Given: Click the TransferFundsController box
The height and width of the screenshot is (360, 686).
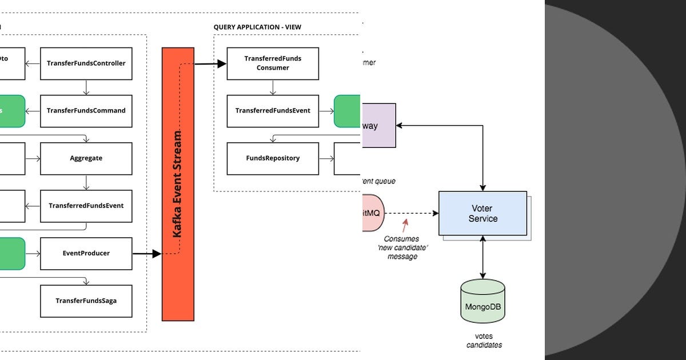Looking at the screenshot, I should pos(86,63).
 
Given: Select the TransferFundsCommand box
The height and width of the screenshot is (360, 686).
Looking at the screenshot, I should pos(86,111).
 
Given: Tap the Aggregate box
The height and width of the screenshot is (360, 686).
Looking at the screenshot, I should pos(86,158).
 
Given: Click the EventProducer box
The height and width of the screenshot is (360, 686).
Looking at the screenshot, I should pos(86,253).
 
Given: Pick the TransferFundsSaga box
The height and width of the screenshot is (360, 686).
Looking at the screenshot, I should pos(86,301).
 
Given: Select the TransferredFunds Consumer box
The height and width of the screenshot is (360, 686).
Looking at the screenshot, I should pos(273,63).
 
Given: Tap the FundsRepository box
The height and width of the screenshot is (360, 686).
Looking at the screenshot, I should pos(273,158).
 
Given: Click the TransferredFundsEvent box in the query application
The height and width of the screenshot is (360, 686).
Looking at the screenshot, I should pos(273,111).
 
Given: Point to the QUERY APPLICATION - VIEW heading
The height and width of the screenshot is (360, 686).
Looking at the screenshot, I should pos(257,27).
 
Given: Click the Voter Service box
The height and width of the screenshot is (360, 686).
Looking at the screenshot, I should pos(482,213).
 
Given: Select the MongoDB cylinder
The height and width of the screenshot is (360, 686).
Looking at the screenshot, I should pos(482,301).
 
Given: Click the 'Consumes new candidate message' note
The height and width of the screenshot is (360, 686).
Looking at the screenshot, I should pos(401,248).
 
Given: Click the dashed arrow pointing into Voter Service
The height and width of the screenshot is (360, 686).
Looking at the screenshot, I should pos(412,213).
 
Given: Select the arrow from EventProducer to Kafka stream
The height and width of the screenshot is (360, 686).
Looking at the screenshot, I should pos(147,254).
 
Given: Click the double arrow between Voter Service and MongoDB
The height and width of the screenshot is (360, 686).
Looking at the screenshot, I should pos(483,257).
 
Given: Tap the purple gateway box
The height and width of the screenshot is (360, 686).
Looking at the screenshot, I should pos(378,126).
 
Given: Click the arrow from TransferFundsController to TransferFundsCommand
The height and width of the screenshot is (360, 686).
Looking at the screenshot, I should pos(86,87).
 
